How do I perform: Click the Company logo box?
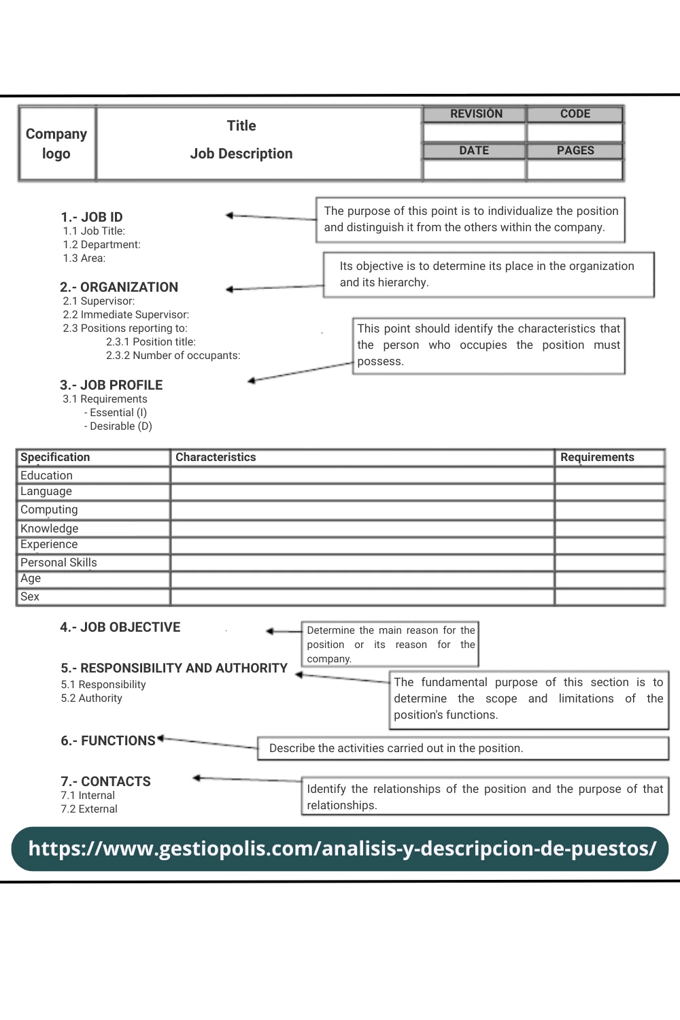(56, 143)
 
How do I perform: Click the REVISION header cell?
(475, 114)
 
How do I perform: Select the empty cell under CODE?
(575, 133)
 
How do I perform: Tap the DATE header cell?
(474, 151)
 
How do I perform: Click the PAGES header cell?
(575, 151)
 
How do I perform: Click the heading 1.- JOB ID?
(92, 217)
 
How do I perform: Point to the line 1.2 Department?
(101, 245)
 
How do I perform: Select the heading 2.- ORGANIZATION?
(119, 287)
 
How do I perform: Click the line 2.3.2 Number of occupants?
(173, 356)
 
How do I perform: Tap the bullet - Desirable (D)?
(118, 426)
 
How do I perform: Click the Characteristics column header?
(216, 458)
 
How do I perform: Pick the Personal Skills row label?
(58, 562)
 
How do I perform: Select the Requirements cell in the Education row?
(609, 475)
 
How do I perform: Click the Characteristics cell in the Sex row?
(362, 597)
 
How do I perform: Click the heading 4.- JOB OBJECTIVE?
(120, 627)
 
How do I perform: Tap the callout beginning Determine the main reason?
(390, 644)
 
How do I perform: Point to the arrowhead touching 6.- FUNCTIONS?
(161, 738)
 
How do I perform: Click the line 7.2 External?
(89, 809)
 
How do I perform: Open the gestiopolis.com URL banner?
(340, 849)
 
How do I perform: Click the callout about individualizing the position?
(471, 219)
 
